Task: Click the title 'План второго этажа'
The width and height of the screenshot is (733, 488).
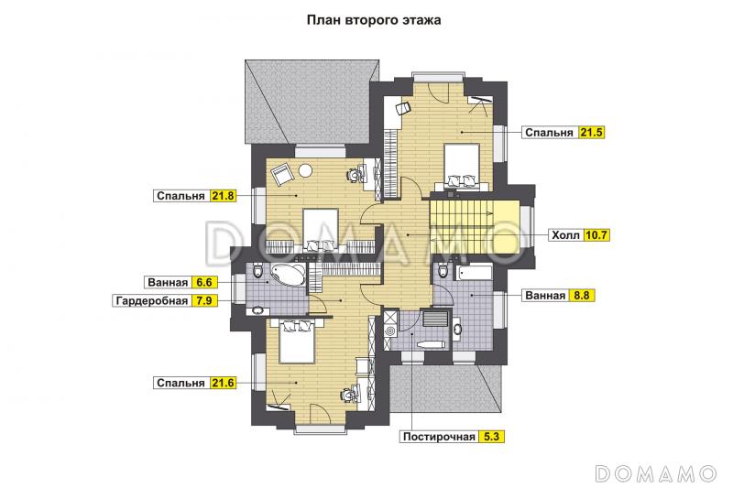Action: coord(374,20)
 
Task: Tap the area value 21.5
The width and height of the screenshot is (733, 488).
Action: coord(591,132)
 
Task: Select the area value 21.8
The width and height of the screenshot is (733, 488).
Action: coord(223,196)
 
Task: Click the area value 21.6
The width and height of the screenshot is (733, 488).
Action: coord(223,383)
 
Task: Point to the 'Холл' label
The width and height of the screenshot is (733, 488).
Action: coord(565,235)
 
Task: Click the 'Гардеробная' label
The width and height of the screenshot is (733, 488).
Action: coord(152,300)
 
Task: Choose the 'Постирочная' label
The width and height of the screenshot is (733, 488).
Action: coord(439,437)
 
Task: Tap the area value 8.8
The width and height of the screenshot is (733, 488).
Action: coord(582,295)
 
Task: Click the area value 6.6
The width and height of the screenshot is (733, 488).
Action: coord(203,283)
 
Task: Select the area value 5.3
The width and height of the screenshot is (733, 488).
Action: coord(491,437)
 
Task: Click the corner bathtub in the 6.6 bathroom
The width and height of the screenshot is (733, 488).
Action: coord(289,275)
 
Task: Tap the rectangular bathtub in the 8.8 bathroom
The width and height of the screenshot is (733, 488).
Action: coord(475,273)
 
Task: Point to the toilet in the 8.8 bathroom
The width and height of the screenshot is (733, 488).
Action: coord(443,270)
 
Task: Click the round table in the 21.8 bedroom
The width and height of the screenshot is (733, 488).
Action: coord(306,171)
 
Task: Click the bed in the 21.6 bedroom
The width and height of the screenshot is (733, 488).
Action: coord(296,342)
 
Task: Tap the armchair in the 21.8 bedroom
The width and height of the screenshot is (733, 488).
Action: coord(283,174)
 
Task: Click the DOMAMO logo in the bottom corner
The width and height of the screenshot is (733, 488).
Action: coord(656,473)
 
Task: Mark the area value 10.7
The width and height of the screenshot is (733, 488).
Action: coord(596,235)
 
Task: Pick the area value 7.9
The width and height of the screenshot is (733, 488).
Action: coord(203,300)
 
